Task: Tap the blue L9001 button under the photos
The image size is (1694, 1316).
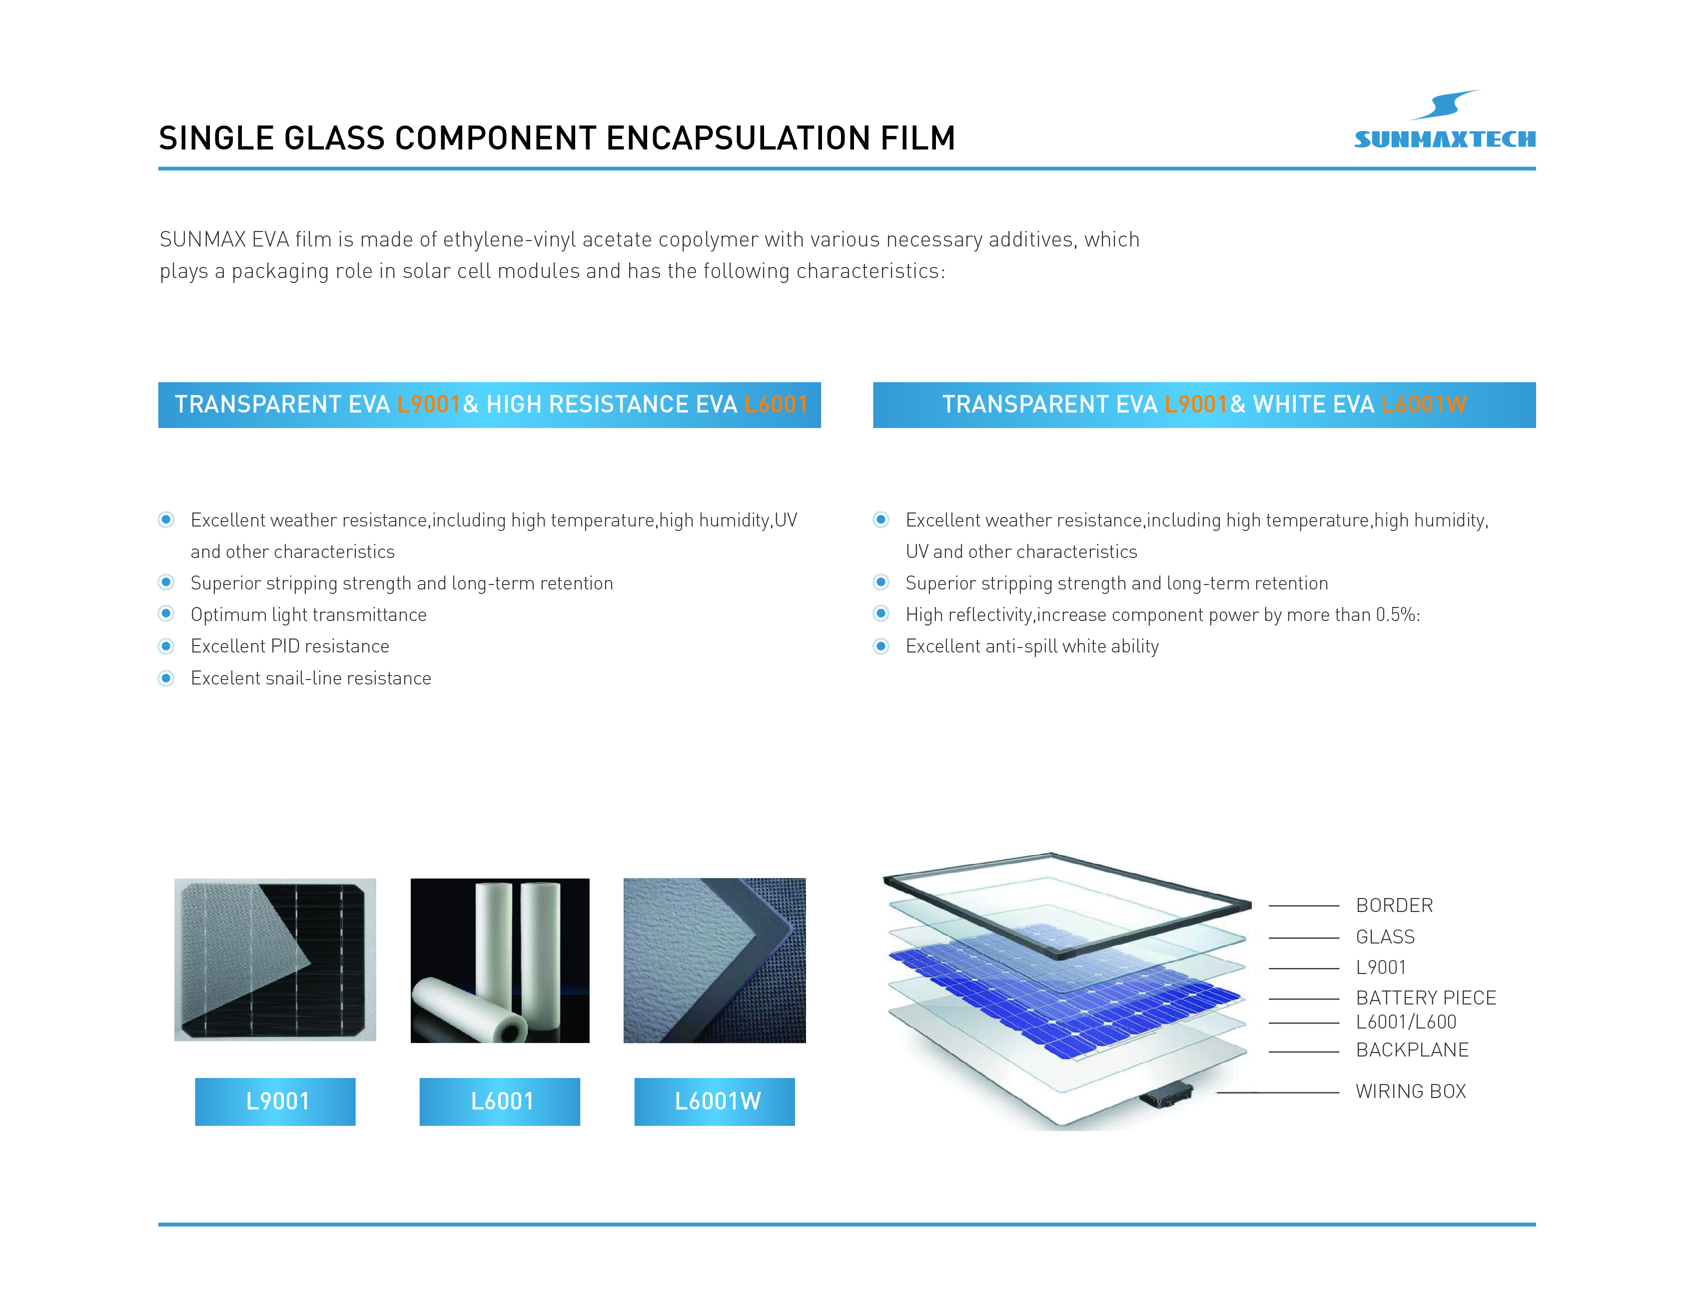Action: [x=275, y=1101]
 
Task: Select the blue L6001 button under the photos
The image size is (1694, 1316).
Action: [x=500, y=1101]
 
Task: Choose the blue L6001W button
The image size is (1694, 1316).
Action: [x=715, y=1101]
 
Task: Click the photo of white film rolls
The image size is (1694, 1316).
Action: [x=500, y=960]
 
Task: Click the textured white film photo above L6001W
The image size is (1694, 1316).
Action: [x=715, y=960]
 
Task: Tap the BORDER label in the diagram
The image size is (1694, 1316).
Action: [x=1394, y=905]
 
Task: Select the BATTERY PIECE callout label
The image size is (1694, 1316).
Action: [x=1426, y=998]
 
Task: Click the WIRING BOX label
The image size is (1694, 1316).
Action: [x=1411, y=1091]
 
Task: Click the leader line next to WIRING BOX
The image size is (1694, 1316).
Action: [x=1278, y=1092]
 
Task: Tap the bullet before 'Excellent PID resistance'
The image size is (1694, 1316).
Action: [x=166, y=646]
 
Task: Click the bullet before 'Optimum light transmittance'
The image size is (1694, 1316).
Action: [x=166, y=614]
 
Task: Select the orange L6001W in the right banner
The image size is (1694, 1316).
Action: [x=1424, y=404]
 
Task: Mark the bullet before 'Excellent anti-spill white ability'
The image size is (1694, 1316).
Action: [x=881, y=646]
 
